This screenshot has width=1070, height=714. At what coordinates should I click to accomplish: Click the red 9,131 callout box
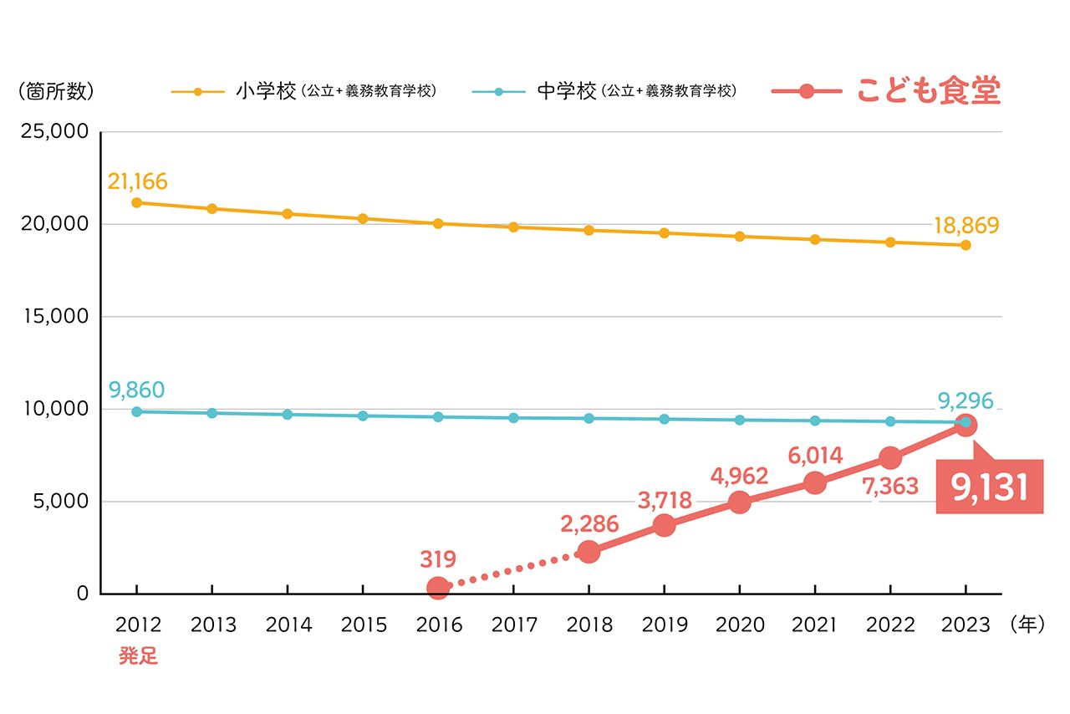(x=989, y=487)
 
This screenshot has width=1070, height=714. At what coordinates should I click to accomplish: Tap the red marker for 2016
(x=437, y=588)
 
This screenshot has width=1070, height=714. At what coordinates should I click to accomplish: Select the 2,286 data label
(x=589, y=524)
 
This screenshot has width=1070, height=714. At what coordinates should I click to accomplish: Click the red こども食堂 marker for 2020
(x=739, y=502)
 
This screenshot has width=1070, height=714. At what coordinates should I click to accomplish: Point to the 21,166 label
(x=138, y=181)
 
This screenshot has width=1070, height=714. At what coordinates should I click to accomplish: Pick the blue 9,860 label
(x=136, y=390)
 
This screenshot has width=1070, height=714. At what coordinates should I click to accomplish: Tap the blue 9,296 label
(x=965, y=401)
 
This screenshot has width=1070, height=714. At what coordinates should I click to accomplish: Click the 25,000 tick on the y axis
(x=53, y=132)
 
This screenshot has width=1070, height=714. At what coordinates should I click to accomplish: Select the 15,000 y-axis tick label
(x=53, y=317)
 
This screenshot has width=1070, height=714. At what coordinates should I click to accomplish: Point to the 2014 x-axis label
(x=288, y=625)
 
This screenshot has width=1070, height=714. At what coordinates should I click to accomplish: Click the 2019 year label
(x=664, y=625)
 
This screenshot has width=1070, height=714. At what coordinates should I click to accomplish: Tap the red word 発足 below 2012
(x=138, y=656)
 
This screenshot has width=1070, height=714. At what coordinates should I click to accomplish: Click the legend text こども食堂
(x=928, y=91)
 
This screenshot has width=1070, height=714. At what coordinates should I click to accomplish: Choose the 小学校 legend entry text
(x=266, y=91)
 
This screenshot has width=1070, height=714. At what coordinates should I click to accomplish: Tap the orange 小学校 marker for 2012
(x=136, y=202)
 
